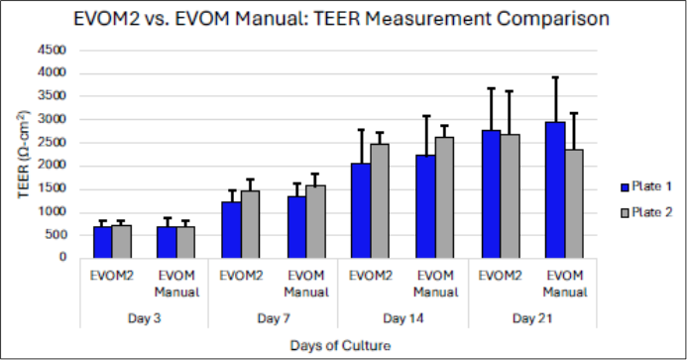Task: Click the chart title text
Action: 343,19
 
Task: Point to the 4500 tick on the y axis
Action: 52,51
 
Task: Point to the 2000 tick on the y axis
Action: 52,166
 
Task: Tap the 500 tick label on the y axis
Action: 55,235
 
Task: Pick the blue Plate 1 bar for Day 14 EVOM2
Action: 361,210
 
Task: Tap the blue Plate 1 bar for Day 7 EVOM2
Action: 231,229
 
